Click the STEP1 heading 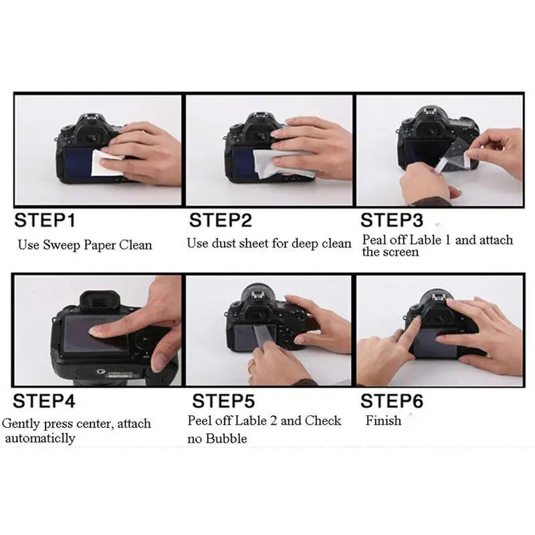pyautogui.click(x=44, y=220)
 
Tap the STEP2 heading pyautogui.click(x=221, y=220)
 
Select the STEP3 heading pyautogui.click(x=392, y=220)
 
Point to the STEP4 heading pyautogui.click(x=44, y=401)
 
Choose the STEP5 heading pyautogui.click(x=223, y=401)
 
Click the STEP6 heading pyautogui.click(x=392, y=401)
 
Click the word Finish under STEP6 pyautogui.click(x=383, y=421)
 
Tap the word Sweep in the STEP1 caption pyautogui.click(x=62, y=245)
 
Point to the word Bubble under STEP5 pyautogui.click(x=227, y=438)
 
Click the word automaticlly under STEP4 pyautogui.click(x=40, y=438)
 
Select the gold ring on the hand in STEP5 pyautogui.click(x=251, y=364)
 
